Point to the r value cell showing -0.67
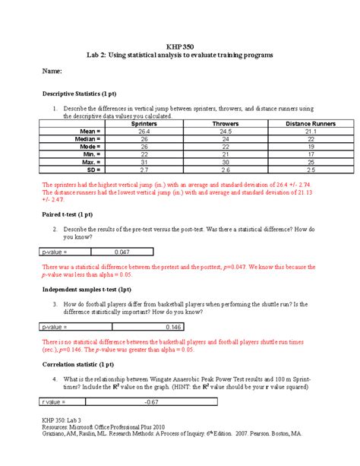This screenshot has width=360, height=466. pyautogui.click(x=153, y=401)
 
